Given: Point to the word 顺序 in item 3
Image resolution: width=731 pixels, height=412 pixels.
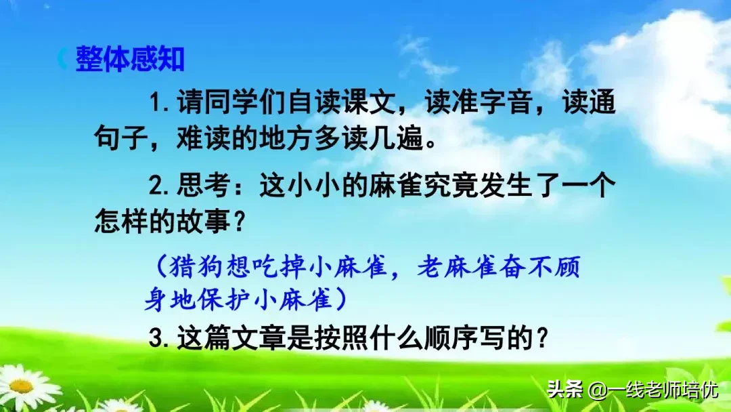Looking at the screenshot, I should click(447, 337).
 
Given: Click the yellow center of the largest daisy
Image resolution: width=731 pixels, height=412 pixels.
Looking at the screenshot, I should click(22, 386).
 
